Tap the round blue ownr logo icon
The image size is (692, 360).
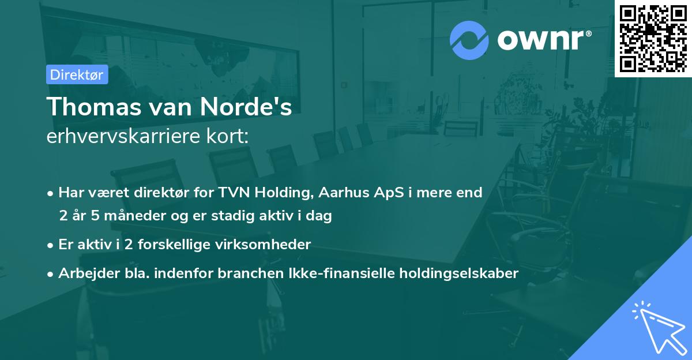469,40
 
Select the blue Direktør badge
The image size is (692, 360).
77,74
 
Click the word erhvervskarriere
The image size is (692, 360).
127,137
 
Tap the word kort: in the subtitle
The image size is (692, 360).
230,137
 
